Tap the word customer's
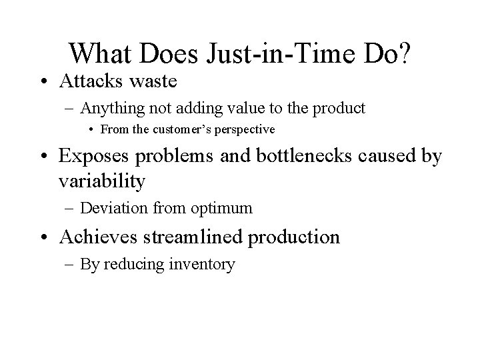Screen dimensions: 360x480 click(x=187, y=128)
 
